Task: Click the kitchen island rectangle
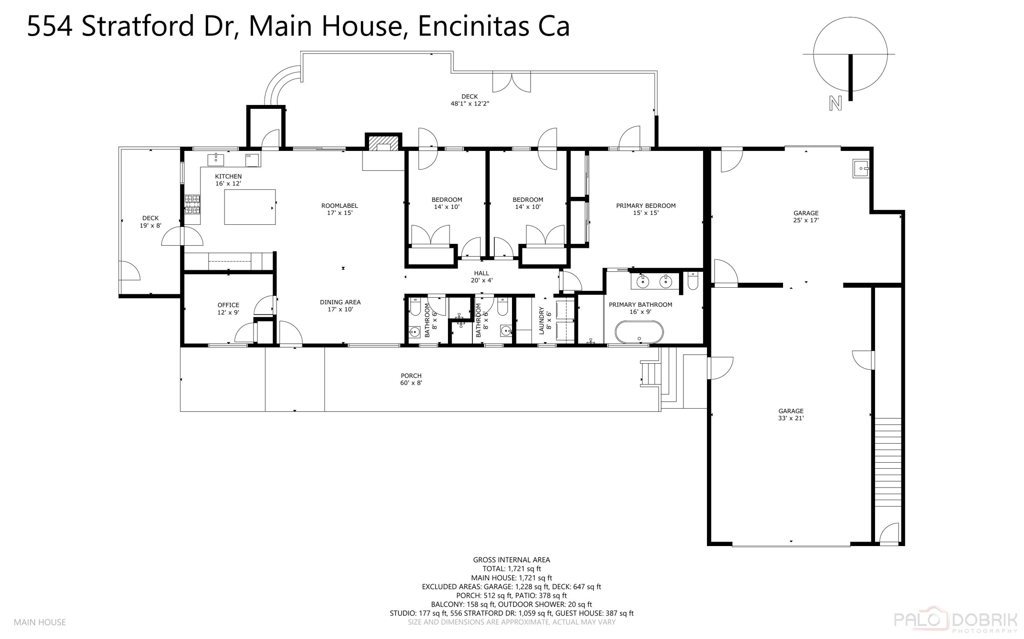[x=249, y=207]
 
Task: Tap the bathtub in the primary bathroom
[x=639, y=332]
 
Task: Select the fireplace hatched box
[x=383, y=143]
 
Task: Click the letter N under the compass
[x=835, y=103]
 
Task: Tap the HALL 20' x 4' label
[x=481, y=276]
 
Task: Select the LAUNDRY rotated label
[x=544, y=320]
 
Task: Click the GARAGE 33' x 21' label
[x=790, y=414]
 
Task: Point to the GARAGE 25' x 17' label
[x=805, y=216]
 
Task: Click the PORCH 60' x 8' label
[x=411, y=379]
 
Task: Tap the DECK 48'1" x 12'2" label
[x=469, y=100]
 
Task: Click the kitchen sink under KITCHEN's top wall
[x=215, y=159]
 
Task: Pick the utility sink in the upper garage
[x=861, y=168]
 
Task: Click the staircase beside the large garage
[x=888, y=462]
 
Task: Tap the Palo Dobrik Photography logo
[x=955, y=621]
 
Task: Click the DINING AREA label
[x=340, y=305]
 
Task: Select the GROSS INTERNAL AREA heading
[x=511, y=560]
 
